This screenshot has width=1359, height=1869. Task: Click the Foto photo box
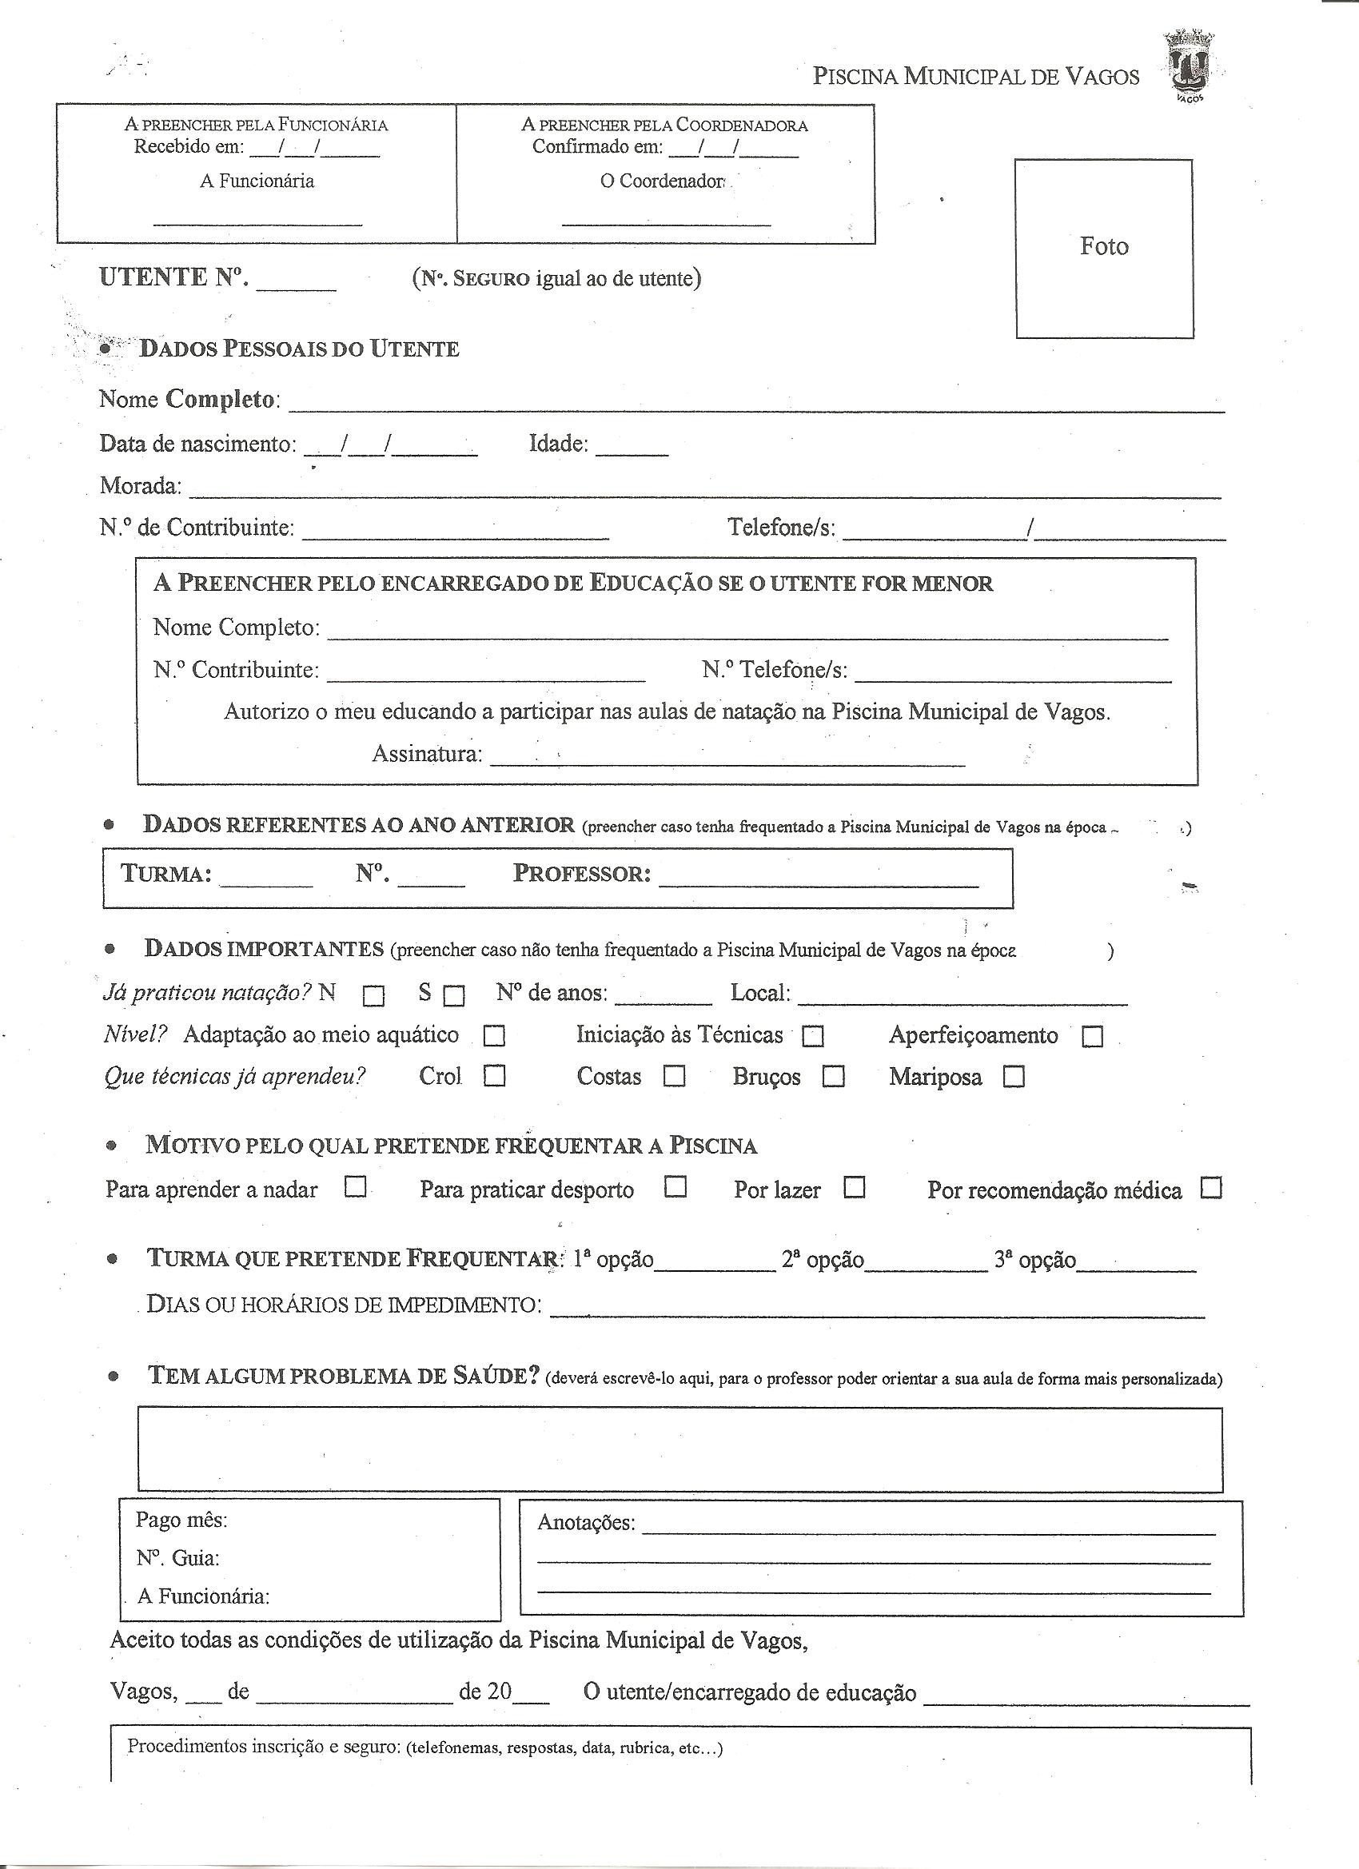point(1104,248)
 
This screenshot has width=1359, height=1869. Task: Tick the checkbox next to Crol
point(495,1076)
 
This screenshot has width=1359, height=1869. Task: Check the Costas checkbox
point(675,1076)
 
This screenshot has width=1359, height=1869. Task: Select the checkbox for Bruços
point(834,1077)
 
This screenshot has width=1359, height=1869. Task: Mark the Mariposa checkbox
point(1014,1077)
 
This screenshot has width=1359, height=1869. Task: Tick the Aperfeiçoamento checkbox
point(1092,1036)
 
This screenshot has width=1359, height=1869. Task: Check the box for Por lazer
point(855,1187)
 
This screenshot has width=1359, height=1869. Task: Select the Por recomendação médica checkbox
point(1210,1189)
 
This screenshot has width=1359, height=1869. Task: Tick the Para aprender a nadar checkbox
point(355,1187)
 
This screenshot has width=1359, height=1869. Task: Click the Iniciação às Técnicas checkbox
point(814,1036)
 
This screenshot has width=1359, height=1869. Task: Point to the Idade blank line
point(632,452)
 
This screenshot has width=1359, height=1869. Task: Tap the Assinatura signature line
point(727,764)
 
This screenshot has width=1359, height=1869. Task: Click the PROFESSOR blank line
point(819,885)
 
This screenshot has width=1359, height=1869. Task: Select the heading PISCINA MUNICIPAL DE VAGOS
point(976,77)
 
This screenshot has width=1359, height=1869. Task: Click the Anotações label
point(586,1522)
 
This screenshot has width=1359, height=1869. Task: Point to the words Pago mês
point(182,1520)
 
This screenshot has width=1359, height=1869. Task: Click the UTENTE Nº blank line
point(297,288)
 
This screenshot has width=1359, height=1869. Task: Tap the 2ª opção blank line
point(927,1270)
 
